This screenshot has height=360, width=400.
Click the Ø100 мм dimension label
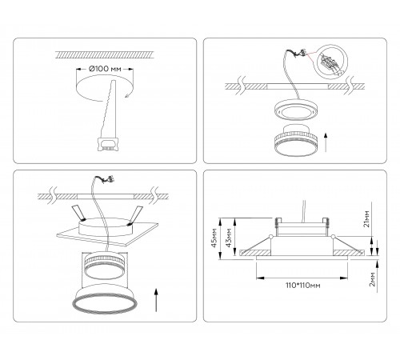tap(105, 69)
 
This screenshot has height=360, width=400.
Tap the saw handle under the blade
tap(108, 144)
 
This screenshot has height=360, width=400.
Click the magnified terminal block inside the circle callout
tap(330, 62)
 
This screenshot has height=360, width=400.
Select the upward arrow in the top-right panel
tap(326, 142)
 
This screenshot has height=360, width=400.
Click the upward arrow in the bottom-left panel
tap(156, 299)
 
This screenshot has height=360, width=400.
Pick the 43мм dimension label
tap(229, 238)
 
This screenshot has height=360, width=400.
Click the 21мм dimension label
tap(367, 218)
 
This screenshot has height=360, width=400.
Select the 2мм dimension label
tap(373, 279)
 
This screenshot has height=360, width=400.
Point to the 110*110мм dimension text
tap(303, 286)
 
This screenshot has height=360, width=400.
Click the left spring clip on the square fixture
tap(78, 213)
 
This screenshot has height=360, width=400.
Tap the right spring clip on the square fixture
tap(135, 215)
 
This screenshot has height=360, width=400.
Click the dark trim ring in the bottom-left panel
tap(105, 303)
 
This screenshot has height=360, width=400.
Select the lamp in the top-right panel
tap(296, 140)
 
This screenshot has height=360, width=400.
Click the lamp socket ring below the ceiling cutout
tap(296, 110)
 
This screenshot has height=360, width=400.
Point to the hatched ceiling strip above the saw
tap(104, 54)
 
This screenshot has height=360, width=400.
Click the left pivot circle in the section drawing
tap(271, 236)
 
